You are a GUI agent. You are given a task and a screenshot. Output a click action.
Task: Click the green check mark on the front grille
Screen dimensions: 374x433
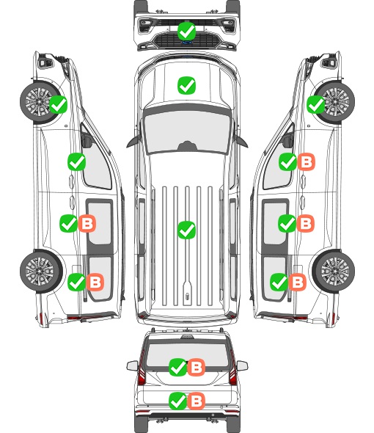pos(186,31)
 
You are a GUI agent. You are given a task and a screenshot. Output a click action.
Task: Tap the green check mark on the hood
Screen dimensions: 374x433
pos(186,85)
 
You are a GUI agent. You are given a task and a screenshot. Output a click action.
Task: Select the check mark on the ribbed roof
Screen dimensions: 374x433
pos(186,230)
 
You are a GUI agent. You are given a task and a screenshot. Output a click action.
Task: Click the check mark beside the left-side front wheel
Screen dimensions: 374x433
pos(58,104)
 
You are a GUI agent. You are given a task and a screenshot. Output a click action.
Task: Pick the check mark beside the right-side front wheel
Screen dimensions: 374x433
pos(316,104)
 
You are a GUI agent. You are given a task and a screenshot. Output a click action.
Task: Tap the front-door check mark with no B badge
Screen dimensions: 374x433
pos(77,161)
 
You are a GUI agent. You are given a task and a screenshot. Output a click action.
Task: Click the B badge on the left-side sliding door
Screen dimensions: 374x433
pos(87,223)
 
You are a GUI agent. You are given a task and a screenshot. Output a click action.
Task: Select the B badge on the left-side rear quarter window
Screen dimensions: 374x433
pos(95,282)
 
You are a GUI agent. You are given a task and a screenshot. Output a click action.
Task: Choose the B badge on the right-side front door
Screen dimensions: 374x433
pos(306,161)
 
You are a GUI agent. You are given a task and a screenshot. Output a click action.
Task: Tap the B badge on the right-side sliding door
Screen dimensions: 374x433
pos(305,223)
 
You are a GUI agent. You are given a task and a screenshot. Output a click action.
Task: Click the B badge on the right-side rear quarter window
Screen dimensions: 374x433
pos(297,282)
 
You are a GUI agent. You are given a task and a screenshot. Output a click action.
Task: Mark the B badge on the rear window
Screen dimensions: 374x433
pos(197,367)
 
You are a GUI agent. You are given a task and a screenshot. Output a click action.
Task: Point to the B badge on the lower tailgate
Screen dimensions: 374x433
pos(197,401)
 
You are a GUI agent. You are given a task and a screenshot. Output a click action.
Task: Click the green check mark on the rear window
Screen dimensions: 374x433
pos(177,367)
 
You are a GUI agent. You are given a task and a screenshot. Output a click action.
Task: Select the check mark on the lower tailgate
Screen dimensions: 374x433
pos(177,401)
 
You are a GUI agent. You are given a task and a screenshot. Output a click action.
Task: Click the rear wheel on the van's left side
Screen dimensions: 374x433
pos(40,271)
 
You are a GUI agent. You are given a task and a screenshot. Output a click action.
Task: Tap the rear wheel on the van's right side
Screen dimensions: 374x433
pos(334,271)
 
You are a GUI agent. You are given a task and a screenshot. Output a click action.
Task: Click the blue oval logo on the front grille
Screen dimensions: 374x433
pos(187,43)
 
